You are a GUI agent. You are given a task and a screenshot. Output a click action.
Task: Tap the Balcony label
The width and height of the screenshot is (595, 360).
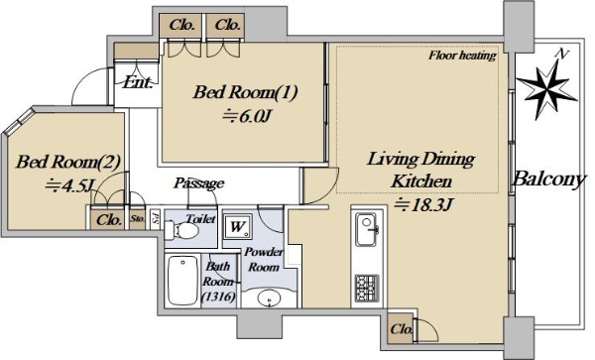(549, 180)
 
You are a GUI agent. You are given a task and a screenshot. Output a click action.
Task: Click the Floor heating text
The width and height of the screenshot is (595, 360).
(462, 56)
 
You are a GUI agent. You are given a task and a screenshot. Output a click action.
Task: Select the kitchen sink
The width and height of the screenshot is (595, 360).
(367, 229)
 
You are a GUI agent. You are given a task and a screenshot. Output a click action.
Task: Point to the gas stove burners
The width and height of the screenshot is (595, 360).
(367, 288)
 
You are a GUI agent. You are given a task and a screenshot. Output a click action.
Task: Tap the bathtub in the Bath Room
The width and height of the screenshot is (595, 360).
(182, 280)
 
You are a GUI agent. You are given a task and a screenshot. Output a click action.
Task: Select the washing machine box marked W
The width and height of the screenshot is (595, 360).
(238, 226)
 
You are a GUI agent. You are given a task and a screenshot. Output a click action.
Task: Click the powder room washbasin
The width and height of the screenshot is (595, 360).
(270, 299)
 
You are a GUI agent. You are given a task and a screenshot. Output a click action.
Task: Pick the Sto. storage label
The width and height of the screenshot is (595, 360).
(138, 219)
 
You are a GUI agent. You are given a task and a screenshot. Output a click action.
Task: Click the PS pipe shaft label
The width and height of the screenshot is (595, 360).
(156, 220)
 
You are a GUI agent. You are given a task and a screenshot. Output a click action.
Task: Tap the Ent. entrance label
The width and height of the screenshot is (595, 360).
(138, 82)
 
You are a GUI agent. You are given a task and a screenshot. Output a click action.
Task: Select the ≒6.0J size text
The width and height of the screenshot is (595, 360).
(246, 116)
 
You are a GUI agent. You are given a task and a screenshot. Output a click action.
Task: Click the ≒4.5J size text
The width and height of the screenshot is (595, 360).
(69, 185)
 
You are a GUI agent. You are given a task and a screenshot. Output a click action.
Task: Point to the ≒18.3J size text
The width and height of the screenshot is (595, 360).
(423, 205)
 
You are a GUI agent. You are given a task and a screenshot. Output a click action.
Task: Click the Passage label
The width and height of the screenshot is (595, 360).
(199, 183)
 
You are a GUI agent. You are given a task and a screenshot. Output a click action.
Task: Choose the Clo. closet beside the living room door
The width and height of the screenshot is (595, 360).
(401, 328)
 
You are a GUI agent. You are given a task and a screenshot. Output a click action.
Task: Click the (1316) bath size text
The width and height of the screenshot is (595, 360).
(218, 297)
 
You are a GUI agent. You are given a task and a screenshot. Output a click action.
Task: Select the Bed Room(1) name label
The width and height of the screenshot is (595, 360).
(245, 92)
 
